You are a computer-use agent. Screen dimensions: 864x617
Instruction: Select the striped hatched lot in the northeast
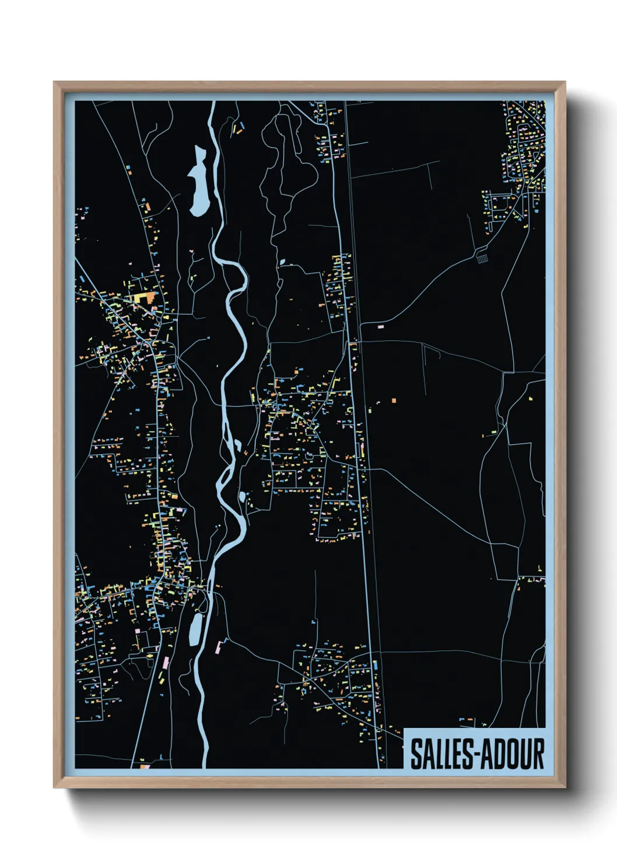pos(482,256)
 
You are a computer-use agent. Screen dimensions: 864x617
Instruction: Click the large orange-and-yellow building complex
pos(143,298)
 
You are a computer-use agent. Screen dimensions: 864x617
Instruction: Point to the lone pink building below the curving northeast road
pos(381,326)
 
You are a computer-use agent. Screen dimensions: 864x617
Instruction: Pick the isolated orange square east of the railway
pos(394,400)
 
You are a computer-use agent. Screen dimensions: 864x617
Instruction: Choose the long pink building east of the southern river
pos(220,646)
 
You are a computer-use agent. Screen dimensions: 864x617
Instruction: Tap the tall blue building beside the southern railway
pos(376,665)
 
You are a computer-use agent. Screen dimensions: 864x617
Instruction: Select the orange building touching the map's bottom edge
pos(144,766)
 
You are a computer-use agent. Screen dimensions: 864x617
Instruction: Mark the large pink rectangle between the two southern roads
pos(165,663)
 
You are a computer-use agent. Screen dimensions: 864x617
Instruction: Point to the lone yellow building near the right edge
pos(531,399)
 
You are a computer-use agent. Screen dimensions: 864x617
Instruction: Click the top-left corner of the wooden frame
pos(55,83)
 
